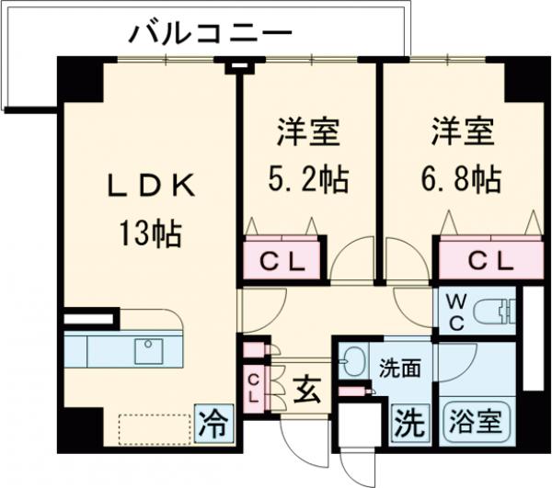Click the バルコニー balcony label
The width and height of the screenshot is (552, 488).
point(210,35)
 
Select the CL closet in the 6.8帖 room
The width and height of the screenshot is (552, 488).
point(489,260)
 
